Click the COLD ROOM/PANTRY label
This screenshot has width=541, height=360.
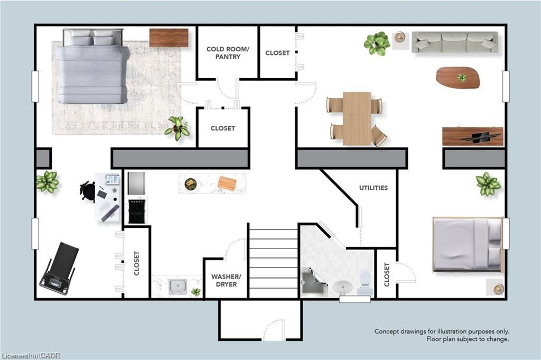click(x=228, y=53)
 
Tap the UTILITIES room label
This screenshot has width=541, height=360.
click(x=374, y=188)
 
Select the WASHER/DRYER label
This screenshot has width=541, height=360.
click(x=226, y=280)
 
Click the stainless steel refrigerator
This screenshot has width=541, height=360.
click(x=137, y=183)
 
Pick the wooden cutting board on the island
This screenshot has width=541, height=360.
click(x=227, y=183)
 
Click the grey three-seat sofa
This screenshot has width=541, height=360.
click(x=455, y=42)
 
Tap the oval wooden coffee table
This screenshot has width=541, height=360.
click(x=458, y=77)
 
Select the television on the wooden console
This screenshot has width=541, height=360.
click(x=481, y=136)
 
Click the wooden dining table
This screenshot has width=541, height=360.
click(x=357, y=118)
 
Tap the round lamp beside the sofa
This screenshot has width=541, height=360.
click(x=400, y=36)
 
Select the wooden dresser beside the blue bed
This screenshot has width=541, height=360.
click(x=169, y=38)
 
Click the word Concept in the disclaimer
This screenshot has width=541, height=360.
click(x=386, y=331)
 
